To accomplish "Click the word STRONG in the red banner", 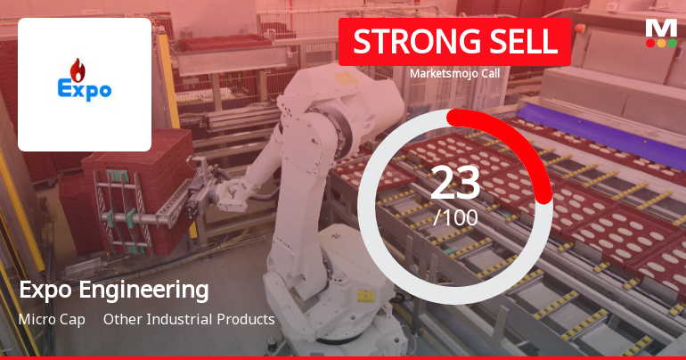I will [406, 42].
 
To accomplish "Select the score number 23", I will [455, 183].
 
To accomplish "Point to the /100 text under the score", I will [455, 217].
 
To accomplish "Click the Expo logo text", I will [85, 89].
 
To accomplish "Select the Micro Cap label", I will [52, 319].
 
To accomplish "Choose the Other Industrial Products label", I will [189, 319].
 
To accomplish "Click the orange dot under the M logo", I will [661, 43].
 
